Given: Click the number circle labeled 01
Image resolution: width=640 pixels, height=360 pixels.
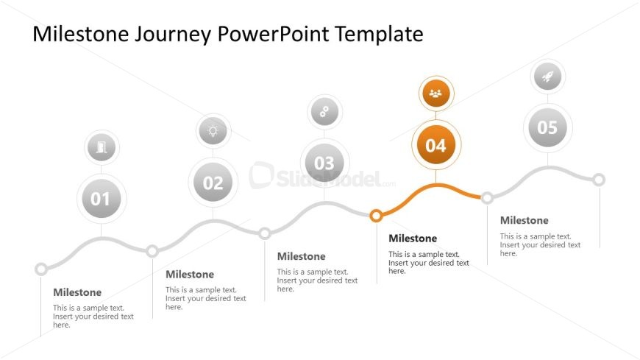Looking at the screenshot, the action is [x=102, y=199].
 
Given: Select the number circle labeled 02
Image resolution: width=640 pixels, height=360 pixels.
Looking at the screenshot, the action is [x=213, y=182].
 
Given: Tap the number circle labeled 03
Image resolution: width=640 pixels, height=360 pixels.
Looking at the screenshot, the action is [x=324, y=163].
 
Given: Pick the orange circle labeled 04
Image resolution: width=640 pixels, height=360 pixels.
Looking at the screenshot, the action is [x=436, y=144].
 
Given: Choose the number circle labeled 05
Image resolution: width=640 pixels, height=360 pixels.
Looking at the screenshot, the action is [x=548, y=127].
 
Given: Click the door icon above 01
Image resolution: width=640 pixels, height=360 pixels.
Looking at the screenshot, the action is [x=102, y=147].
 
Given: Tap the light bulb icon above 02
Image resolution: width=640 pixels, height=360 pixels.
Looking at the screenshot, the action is [x=213, y=131].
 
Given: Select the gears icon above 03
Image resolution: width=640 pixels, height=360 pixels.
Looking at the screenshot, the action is [x=324, y=112].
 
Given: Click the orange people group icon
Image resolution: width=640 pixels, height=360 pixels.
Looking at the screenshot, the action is [x=436, y=93].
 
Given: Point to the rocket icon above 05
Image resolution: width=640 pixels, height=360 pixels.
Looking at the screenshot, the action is [x=548, y=77].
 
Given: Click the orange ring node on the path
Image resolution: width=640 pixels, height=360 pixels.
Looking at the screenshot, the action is [x=376, y=216].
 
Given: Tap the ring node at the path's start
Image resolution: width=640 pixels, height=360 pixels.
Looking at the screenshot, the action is [x=40, y=269].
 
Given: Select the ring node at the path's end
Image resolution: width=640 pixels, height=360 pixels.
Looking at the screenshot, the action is [x=599, y=180].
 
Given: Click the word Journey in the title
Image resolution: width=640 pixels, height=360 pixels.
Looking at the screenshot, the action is [x=173, y=35].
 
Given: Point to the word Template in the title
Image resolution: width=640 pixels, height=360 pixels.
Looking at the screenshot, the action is [x=379, y=35].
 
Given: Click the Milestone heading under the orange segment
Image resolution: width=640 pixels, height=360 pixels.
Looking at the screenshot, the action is [x=413, y=239].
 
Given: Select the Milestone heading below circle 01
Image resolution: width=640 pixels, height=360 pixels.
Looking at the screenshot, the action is [x=77, y=292].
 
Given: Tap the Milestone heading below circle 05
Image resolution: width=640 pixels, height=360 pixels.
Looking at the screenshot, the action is [x=524, y=220].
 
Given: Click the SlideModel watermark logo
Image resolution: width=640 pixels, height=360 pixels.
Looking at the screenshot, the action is [x=322, y=176].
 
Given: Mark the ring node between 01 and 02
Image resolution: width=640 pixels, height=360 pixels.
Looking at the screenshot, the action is [x=152, y=251].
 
